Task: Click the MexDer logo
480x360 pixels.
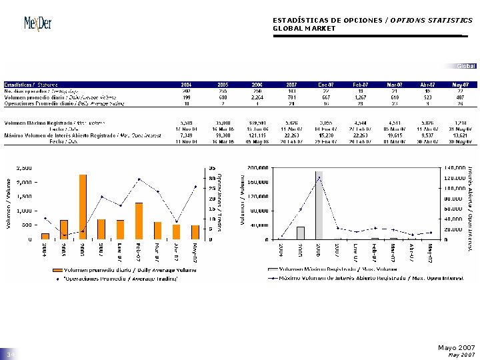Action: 38,24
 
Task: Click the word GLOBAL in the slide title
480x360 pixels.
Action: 288,29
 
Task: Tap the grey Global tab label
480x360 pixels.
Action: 466,65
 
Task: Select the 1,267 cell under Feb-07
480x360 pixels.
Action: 360,97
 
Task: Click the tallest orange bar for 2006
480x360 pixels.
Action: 83,207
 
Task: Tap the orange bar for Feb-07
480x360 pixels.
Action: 139,221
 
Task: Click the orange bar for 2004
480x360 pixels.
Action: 45,236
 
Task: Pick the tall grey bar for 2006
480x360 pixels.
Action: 319,205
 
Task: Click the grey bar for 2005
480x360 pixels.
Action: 301,233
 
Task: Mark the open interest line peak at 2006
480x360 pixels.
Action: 319,178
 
